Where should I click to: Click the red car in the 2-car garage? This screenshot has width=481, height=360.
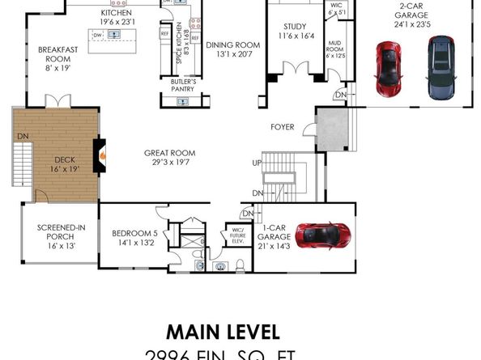click(387, 67)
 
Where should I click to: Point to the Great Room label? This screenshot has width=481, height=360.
click(170, 157)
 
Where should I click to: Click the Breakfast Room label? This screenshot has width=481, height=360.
click(57, 59)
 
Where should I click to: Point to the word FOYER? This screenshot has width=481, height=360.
click(282, 128)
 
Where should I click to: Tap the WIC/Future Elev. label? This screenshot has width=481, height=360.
click(238, 236)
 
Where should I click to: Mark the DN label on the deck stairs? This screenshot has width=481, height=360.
click(21, 137)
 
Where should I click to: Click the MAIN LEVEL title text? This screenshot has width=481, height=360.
click(223, 332)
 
